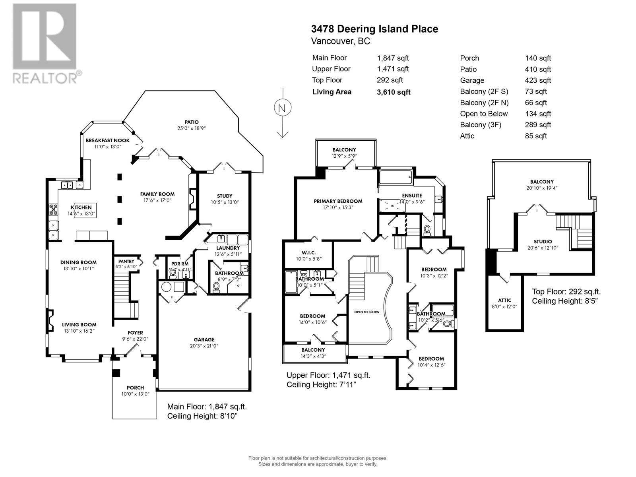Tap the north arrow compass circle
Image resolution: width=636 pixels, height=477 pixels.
(x=282, y=108)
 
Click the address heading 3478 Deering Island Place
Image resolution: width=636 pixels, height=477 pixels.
(x=374, y=29)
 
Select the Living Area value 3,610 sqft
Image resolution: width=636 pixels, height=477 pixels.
(x=394, y=92)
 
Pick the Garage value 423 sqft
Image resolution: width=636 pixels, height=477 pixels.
(x=538, y=80)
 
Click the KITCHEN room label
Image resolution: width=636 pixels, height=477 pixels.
(x=81, y=207)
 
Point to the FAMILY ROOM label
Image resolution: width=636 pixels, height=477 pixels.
(x=157, y=194)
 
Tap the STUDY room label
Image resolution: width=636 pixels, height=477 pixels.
(x=225, y=196)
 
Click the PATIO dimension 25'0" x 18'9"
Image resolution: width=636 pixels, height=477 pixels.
(x=191, y=128)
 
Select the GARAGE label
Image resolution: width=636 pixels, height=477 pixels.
(x=204, y=339)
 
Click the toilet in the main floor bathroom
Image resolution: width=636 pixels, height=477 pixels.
(x=217, y=287)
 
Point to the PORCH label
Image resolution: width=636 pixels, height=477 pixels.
(x=135, y=388)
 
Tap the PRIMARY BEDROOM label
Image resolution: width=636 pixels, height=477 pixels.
(x=338, y=201)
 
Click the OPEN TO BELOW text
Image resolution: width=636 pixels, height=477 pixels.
(x=366, y=312)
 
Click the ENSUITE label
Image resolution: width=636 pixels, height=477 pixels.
(x=412, y=196)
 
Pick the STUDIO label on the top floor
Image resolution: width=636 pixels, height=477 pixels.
(x=543, y=241)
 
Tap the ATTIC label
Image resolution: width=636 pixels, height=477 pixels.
(x=504, y=300)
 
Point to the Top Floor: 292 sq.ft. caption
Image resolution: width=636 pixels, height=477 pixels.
(x=566, y=291)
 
